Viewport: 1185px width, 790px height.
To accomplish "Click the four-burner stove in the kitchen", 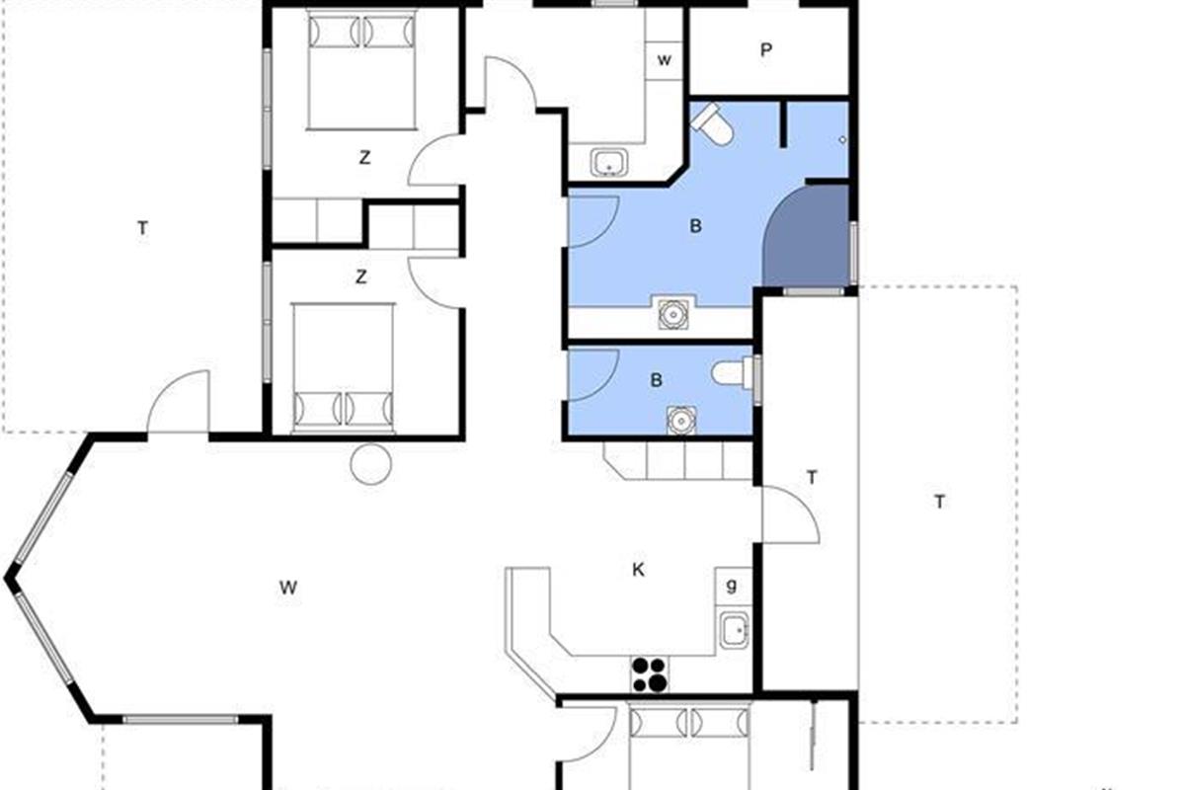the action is click(x=650, y=674).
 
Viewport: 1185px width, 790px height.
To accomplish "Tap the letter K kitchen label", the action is click(x=639, y=570).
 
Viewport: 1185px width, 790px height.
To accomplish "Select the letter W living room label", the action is click(x=288, y=588).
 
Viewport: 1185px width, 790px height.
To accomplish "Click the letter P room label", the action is click(x=765, y=50).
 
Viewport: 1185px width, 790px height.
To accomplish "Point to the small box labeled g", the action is click(x=733, y=587).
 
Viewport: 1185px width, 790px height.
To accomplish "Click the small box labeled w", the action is click(x=664, y=60).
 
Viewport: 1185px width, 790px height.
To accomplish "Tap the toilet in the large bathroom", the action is click(x=712, y=124).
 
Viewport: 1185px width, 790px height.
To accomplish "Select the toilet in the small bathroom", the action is click(x=732, y=372).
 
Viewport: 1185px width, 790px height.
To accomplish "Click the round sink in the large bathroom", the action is click(x=673, y=314).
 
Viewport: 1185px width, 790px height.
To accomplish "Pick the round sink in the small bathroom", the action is click(x=681, y=421).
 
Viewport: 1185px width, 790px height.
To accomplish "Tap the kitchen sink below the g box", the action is click(x=735, y=630).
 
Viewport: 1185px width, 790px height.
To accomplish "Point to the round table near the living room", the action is click(x=371, y=464).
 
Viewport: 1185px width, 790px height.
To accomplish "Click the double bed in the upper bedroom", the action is click(x=361, y=70).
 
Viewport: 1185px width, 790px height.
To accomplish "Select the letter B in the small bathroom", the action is click(x=656, y=380).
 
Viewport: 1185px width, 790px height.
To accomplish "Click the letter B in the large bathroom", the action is click(x=695, y=226).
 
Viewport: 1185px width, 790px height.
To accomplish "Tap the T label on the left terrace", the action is click(x=142, y=228).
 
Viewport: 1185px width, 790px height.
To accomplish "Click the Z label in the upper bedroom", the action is click(x=364, y=158).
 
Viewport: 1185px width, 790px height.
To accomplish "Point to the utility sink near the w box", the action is click(x=609, y=162).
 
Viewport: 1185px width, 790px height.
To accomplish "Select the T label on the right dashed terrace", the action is click(x=939, y=502).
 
